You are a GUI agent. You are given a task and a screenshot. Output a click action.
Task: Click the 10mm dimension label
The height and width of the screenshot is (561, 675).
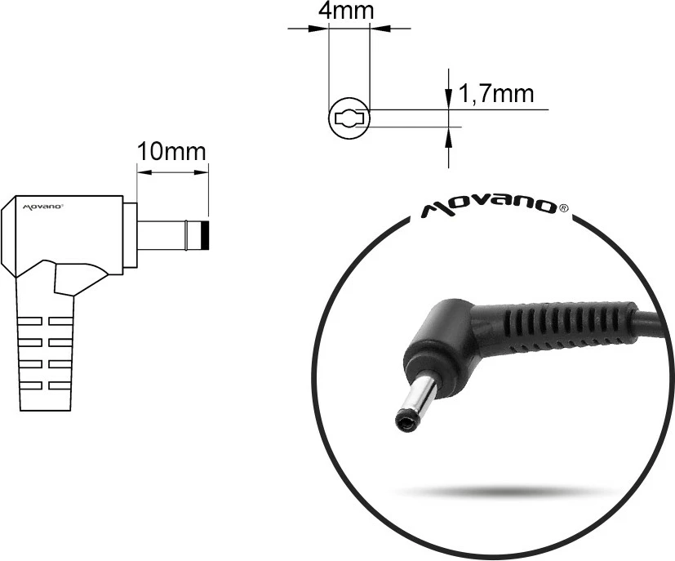point(171,152)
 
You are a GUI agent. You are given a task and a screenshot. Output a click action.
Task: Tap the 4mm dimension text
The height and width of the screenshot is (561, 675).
point(349,11)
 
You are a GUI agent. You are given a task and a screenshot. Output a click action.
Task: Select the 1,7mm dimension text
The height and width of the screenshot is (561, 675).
point(497,94)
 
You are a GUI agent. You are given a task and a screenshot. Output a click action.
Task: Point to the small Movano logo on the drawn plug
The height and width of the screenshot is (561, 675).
point(42,207)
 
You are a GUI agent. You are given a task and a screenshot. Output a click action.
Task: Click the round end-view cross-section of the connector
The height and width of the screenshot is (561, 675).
point(349,119)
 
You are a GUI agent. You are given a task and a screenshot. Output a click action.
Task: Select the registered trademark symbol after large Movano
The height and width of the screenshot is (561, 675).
point(564,208)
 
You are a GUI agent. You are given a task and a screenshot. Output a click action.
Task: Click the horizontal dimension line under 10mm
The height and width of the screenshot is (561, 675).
point(171,172)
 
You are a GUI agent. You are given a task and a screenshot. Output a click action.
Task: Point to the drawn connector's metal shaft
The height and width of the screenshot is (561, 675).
point(163,236)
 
